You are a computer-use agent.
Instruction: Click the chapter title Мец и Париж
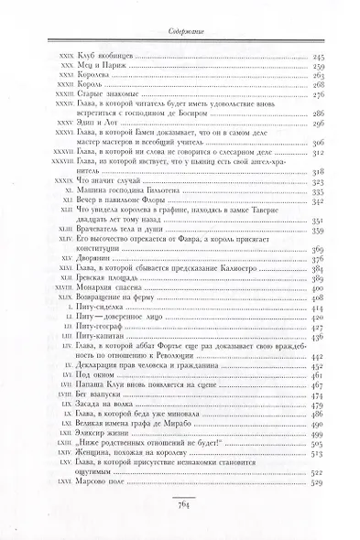[94, 67]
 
